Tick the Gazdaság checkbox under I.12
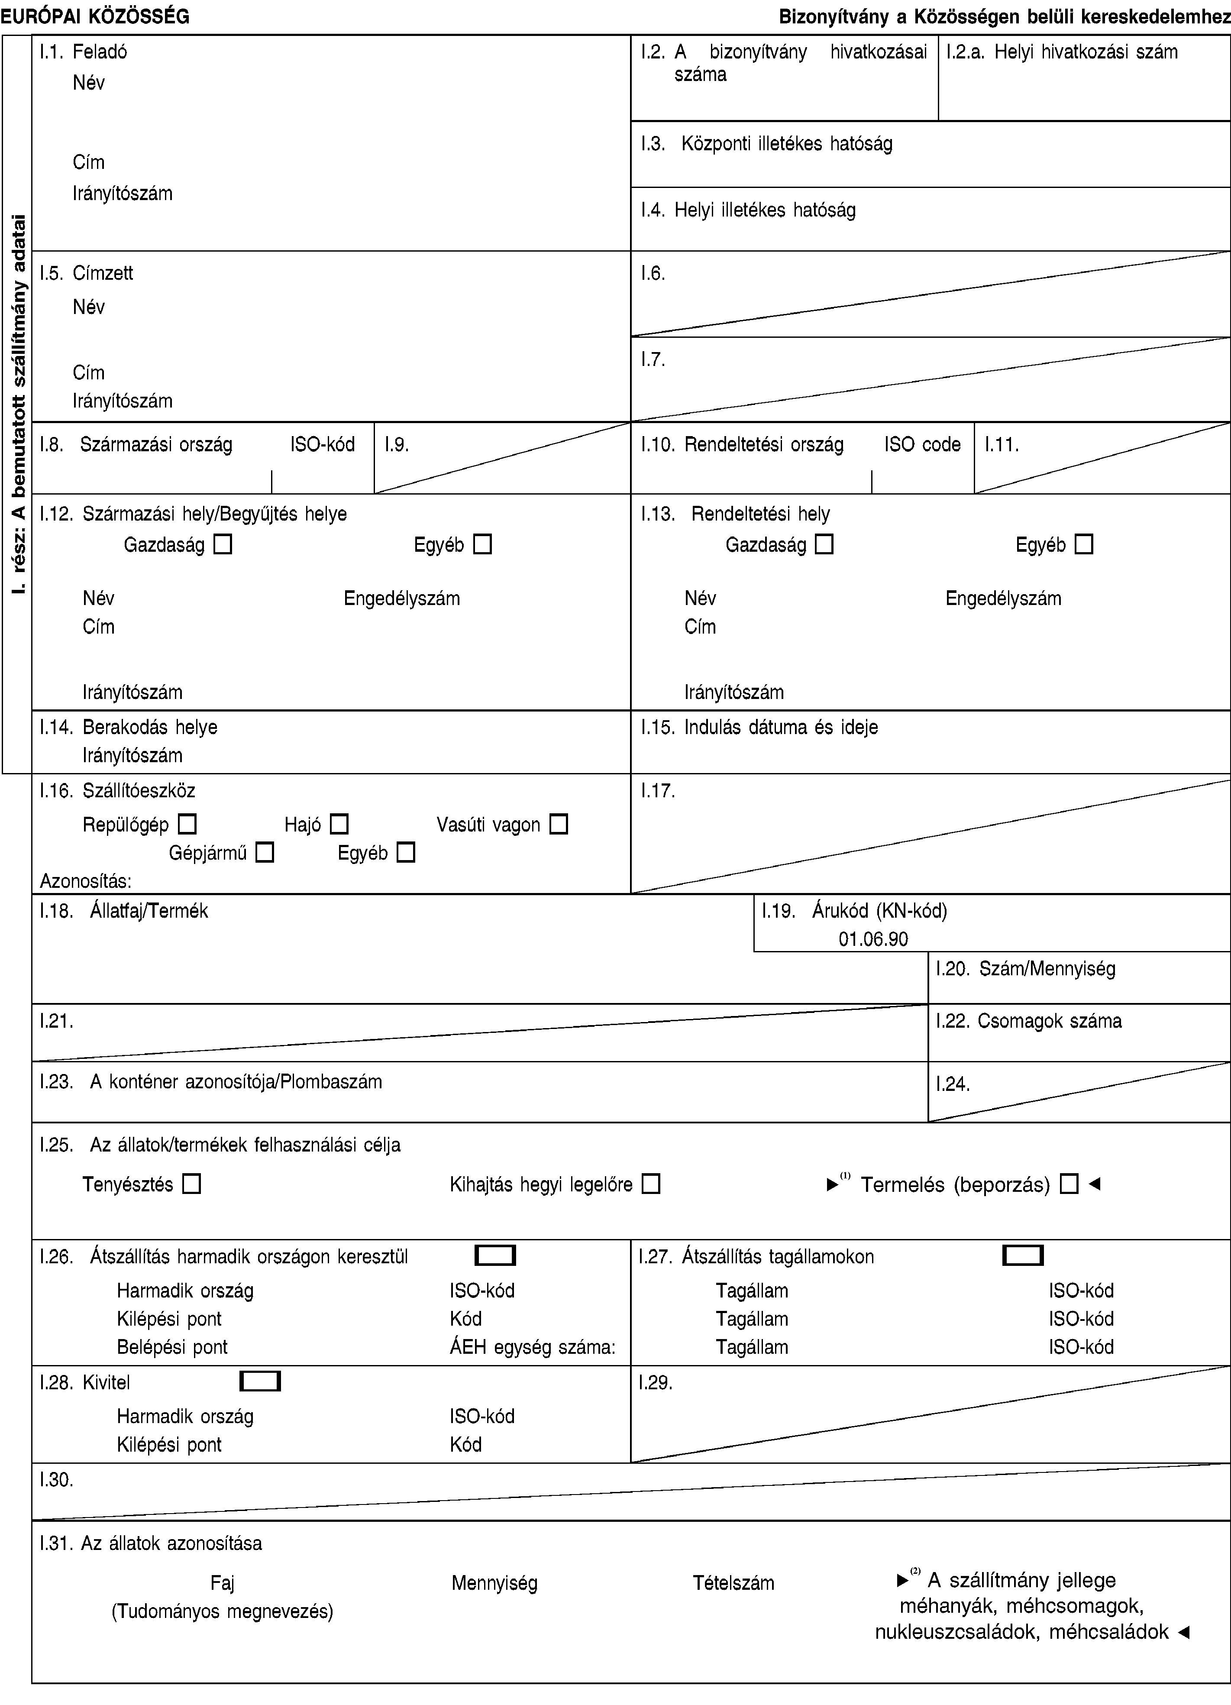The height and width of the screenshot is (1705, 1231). [x=223, y=544]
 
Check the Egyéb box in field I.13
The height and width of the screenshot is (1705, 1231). [x=1084, y=544]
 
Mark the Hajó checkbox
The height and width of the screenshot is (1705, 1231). [x=339, y=825]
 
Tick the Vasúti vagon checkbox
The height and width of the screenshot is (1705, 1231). [x=559, y=825]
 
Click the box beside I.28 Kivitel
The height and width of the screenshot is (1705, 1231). [x=260, y=1382]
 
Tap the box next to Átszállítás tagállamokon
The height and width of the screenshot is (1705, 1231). [x=1023, y=1255]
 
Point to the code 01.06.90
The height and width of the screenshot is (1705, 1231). [x=873, y=939]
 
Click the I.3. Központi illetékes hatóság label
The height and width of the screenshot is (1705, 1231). [x=766, y=144]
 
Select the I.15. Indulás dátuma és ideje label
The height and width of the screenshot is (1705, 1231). [x=759, y=727]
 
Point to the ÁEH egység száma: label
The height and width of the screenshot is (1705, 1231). [x=532, y=1346]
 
